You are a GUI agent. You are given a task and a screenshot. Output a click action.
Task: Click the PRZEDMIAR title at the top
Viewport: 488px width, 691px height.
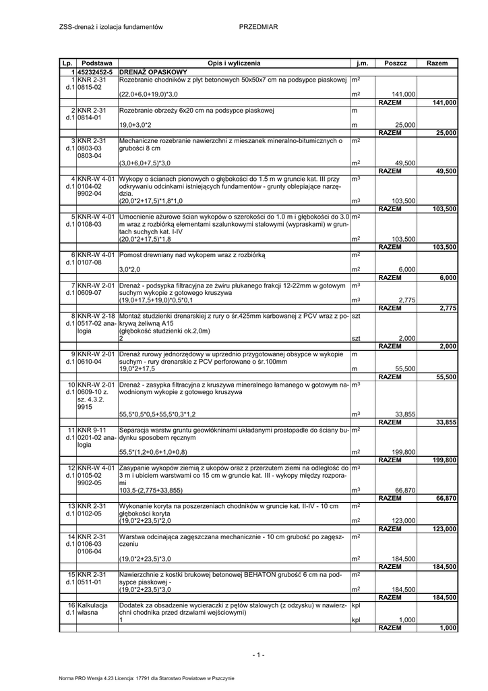[x=258, y=26]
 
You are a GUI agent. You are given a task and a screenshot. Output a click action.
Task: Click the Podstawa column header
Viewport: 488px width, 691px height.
[x=96, y=63]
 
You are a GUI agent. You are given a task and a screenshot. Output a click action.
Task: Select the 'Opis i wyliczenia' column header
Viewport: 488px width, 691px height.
[x=234, y=63]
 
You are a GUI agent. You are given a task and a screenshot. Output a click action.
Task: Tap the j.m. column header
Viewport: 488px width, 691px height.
[x=362, y=63]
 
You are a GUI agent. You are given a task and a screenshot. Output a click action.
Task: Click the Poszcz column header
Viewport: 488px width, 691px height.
[x=396, y=63]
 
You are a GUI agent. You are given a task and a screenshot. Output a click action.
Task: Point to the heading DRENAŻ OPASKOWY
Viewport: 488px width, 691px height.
[x=153, y=71]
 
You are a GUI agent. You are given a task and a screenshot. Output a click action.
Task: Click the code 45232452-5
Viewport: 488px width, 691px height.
[x=97, y=71]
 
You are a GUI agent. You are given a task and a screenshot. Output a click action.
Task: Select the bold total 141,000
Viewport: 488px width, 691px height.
[x=444, y=103]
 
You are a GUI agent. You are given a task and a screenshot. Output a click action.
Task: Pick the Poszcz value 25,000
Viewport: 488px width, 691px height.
[x=405, y=126]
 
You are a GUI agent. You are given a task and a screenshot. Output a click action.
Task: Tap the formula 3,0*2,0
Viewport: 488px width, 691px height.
[x=129, y=269]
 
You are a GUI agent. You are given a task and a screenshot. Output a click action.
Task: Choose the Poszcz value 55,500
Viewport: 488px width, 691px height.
[x=405, y=369]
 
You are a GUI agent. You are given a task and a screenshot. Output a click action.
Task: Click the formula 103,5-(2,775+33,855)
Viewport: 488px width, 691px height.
[x=156, y=490]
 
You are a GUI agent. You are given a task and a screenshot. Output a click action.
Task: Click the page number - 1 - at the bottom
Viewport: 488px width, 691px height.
[x=258, y=655]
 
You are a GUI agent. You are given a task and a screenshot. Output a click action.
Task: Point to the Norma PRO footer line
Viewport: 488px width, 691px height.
[x=146, y=678]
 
